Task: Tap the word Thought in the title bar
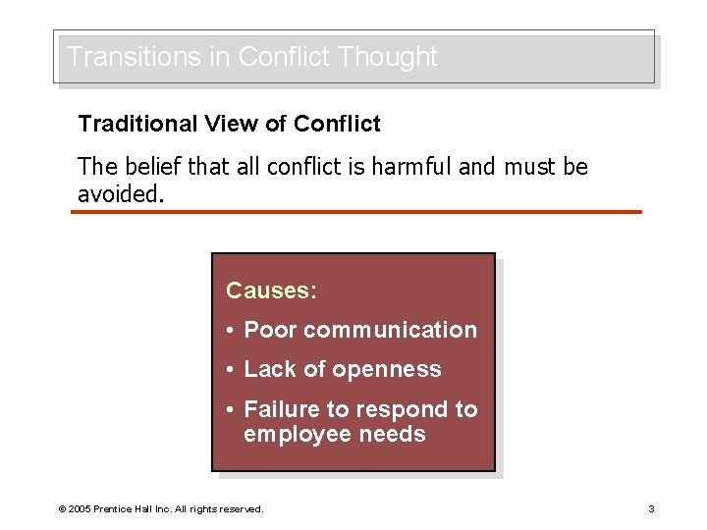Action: (x=387, y=57)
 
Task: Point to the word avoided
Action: (x=117, y=193)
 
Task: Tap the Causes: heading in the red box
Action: (x=271, y=291)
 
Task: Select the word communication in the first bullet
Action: (x=390, y=331)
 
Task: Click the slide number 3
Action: (x=651, y=509)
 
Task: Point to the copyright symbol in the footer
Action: (x=62, y=509)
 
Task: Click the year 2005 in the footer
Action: (x=80, y=509)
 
